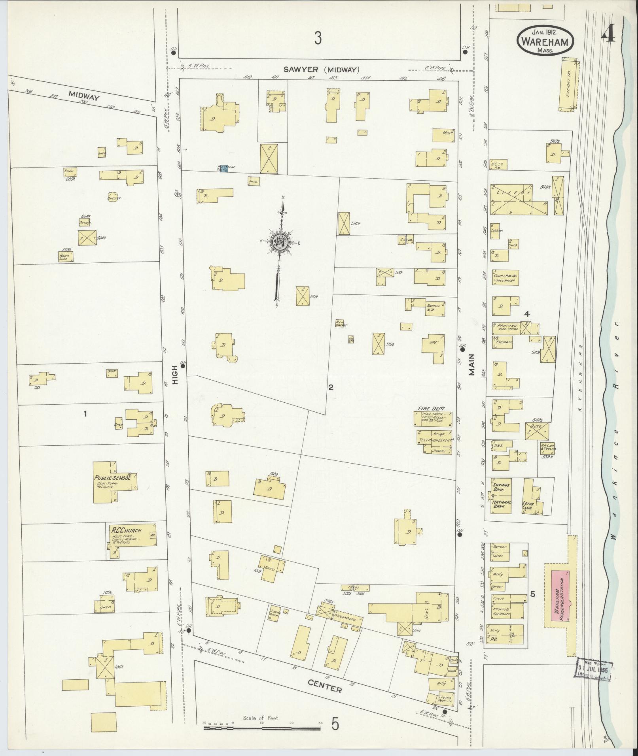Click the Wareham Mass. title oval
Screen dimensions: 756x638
point(545,40)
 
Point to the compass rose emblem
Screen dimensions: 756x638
point(280,242)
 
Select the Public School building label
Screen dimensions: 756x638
point(112,478)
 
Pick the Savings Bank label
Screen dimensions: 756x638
point(501,487)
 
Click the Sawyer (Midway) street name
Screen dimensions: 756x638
point(321,70)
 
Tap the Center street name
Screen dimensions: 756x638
point(324,686)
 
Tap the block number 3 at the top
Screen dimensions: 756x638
point(318,39)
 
